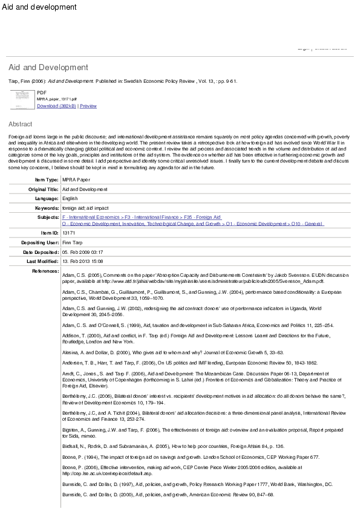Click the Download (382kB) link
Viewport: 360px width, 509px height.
point(56,106)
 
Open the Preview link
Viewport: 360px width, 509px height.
point(88,106)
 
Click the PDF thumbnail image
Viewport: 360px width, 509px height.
point(21,99)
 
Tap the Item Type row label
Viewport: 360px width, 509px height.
point(47,180)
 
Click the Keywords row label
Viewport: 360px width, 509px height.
point(45,207)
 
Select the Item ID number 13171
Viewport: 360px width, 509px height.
point(69,233)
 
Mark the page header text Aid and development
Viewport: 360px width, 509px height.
point(39,7)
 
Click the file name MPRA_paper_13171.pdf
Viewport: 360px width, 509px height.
point(57,98)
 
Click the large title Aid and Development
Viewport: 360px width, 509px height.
point(48,67)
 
